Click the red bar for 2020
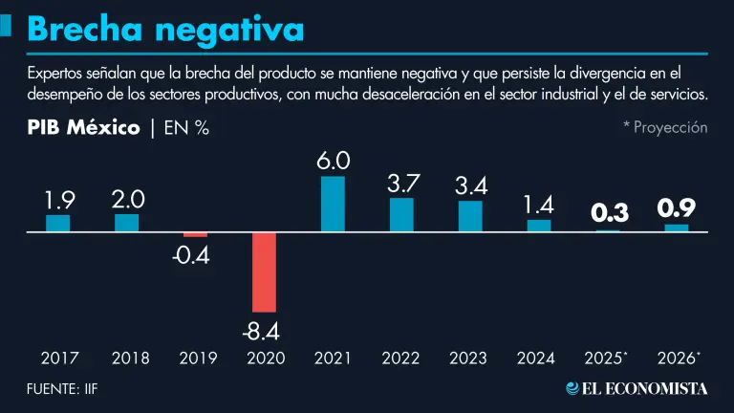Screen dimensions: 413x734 click(264, 272)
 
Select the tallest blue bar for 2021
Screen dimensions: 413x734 click(333, 204)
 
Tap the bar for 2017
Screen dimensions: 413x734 click(58, 223)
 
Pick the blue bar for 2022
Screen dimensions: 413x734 click(401, 214)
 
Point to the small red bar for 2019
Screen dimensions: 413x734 click(195, 234)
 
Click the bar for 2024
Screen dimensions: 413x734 click(539, 226)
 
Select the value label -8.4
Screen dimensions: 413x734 click(264, 332)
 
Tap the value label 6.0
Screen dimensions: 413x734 click(333, 162)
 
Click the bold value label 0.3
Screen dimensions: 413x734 click(608, 213)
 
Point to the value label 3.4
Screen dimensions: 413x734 click(470, 185)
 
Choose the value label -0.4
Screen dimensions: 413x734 click(195, 255)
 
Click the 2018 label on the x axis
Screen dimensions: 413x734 click(130, 359)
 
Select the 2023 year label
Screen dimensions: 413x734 click(468, 359)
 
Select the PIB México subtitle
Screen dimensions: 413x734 click(83, 127)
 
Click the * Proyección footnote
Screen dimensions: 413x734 click(665, 127)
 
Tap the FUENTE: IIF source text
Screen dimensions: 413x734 click(63, 388)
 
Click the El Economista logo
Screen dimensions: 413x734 click(637, 388)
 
